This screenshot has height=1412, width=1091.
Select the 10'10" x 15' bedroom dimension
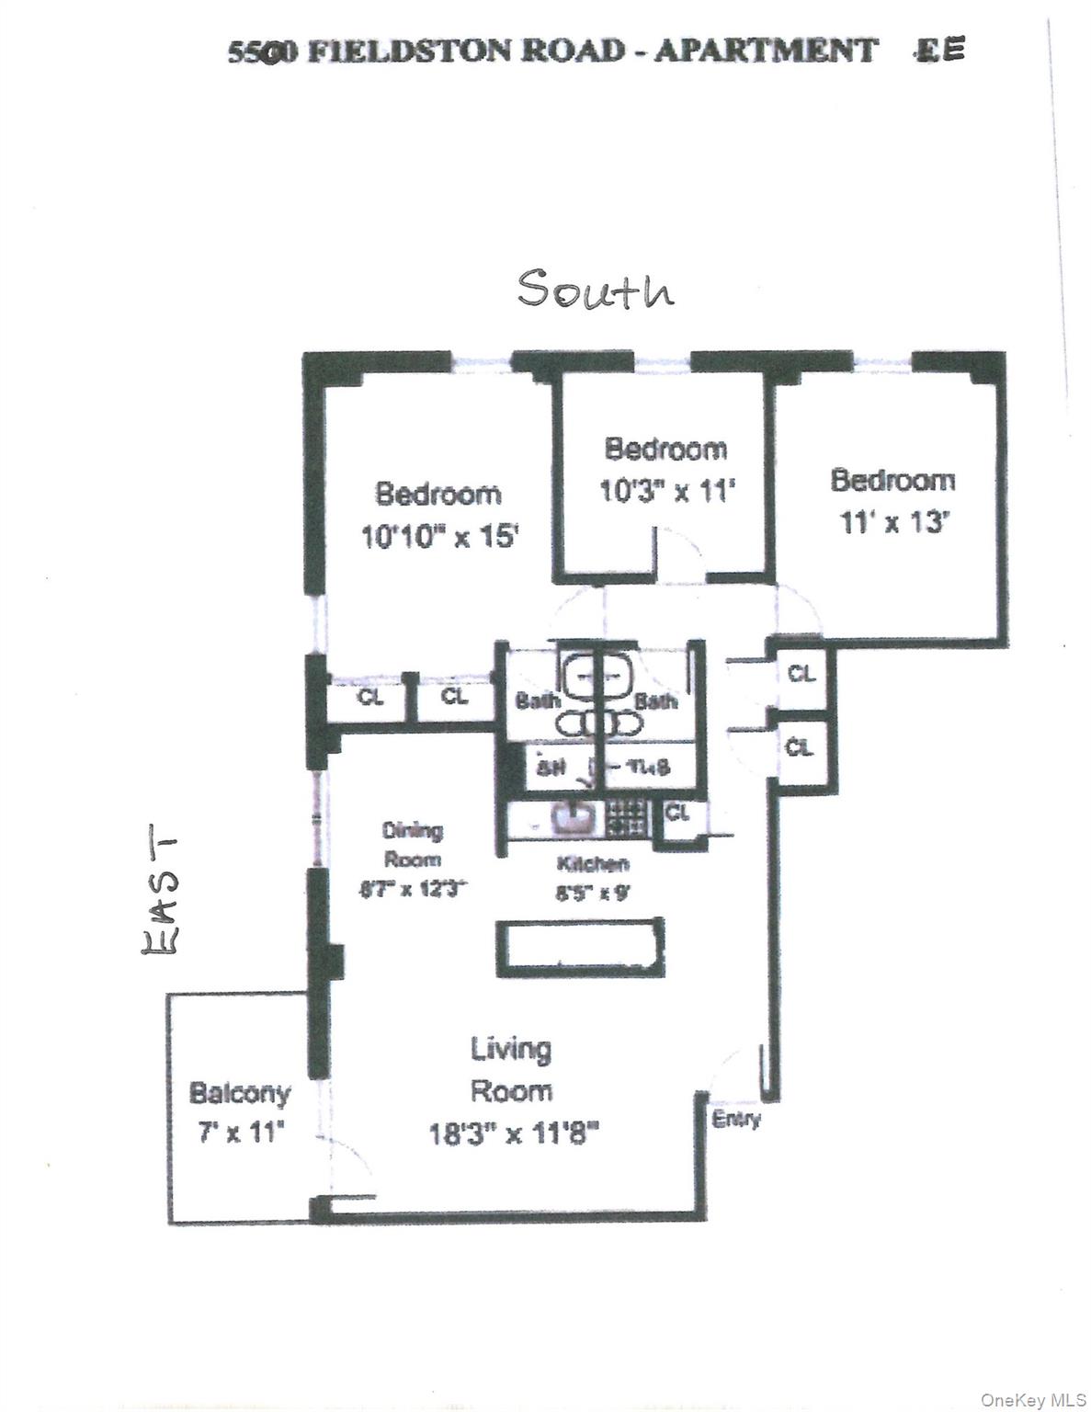(x=440, y=536)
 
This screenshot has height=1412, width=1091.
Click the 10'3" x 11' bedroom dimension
(x=666, y=491)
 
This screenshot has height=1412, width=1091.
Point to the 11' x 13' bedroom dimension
(x=893, y=523)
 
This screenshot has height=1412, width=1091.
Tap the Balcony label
(x=239, y=1093)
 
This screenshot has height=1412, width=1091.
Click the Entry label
(x=736, y=1120)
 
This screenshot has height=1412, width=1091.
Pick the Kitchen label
(x=593, y=864)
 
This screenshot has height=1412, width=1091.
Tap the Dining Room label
(x=412, y=845)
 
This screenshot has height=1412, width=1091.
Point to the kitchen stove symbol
(x=628, y=815)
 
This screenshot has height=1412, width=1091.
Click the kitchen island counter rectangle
(x=580, y=948)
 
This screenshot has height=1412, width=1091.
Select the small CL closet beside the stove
(x=677, y=814)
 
